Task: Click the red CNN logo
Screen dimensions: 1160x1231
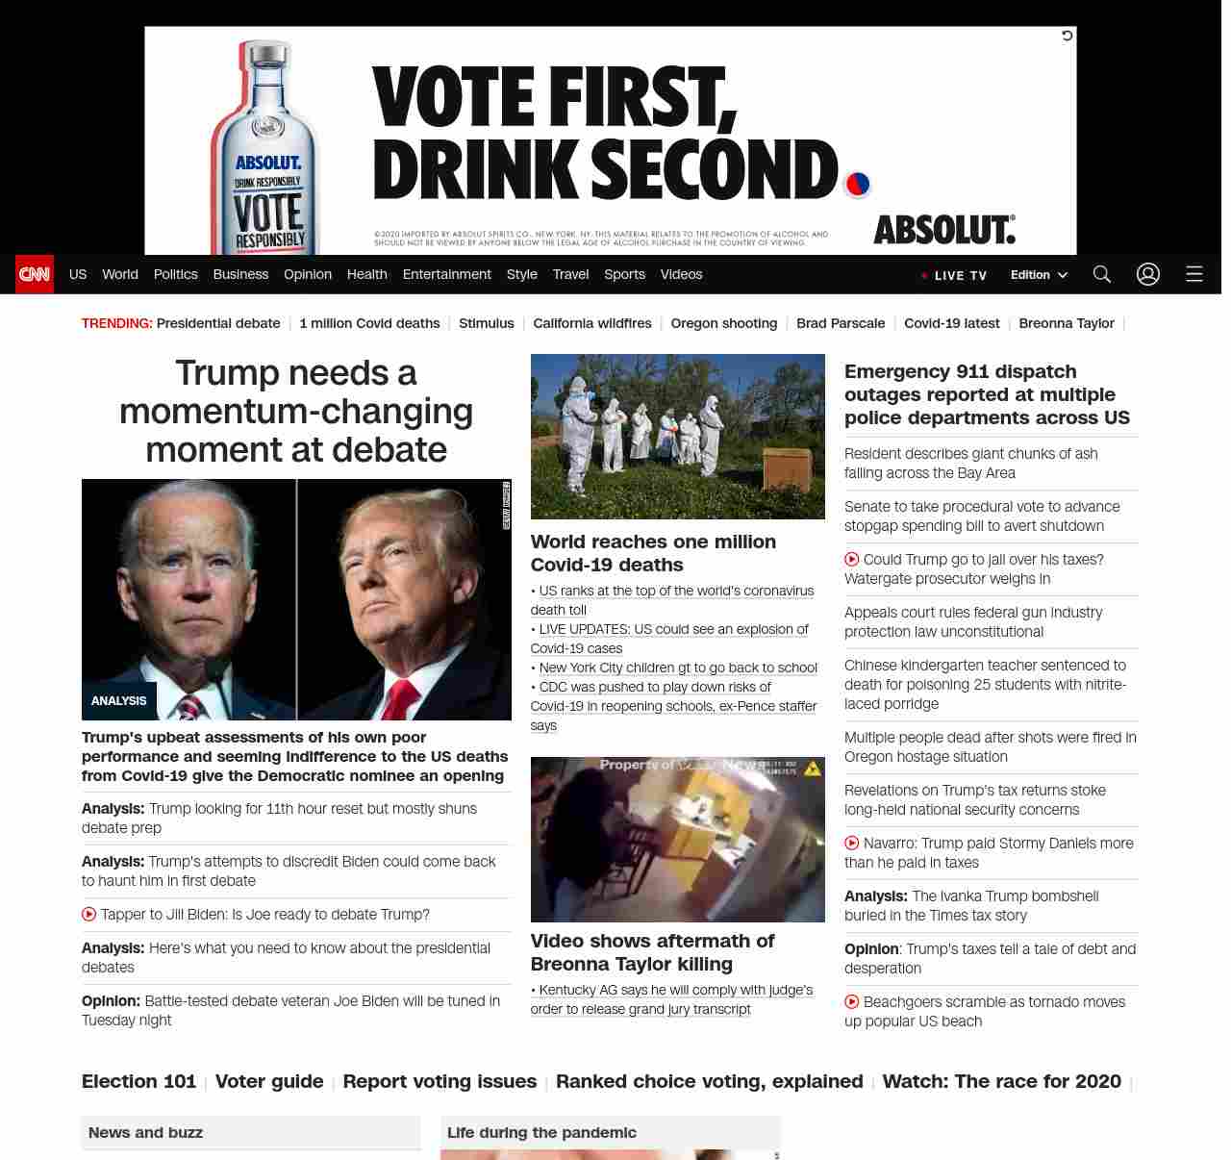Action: click(35, 274)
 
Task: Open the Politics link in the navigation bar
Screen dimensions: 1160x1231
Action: click(175, 274)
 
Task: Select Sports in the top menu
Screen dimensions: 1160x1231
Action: click(624, 274)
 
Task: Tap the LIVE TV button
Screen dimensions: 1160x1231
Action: click(954, 275)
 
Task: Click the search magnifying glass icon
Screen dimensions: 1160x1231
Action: click(1102, 274)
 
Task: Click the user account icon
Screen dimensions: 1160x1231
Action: click(1148, 274)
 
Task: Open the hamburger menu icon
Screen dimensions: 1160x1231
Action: click(1194, 274)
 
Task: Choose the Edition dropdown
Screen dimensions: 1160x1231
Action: click(1039, 274)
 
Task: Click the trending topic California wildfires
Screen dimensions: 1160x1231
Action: click(592, 323)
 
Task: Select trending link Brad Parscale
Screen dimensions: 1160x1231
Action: click(841, 323)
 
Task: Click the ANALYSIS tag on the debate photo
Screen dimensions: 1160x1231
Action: click(118, 701)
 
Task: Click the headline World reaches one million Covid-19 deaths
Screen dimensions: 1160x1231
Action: click(653, 553)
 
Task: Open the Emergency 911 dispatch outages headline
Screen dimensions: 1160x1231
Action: click(987, 394)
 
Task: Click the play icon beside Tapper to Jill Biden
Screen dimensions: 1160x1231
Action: click(89, 915)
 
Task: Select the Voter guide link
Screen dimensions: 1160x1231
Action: click(269, 1081)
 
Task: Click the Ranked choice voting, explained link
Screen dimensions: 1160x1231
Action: click(710, 1081)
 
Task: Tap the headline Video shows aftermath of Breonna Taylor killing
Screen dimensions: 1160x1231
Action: click(652, 952)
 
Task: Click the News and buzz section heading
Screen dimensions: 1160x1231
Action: click(146, 1132)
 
